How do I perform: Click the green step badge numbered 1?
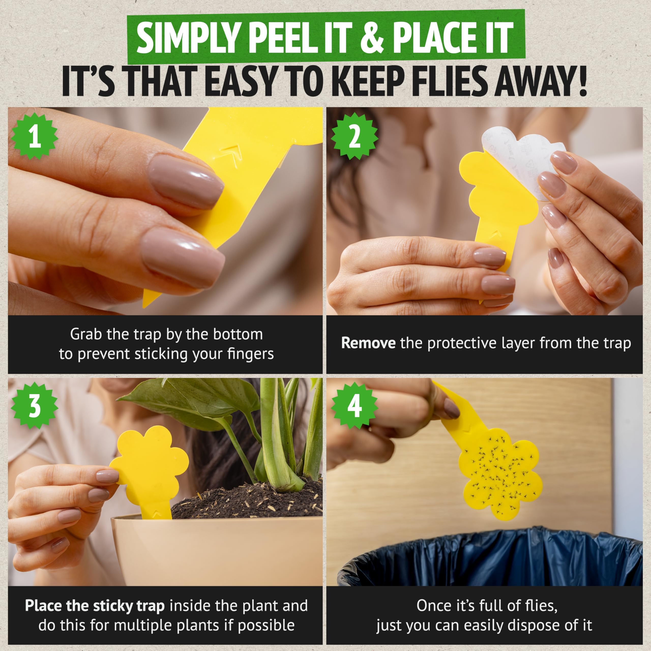(35, 136)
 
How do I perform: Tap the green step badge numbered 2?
(354, 136)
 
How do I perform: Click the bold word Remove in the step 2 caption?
(368, 343)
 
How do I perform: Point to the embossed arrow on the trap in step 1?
(229, 152)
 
